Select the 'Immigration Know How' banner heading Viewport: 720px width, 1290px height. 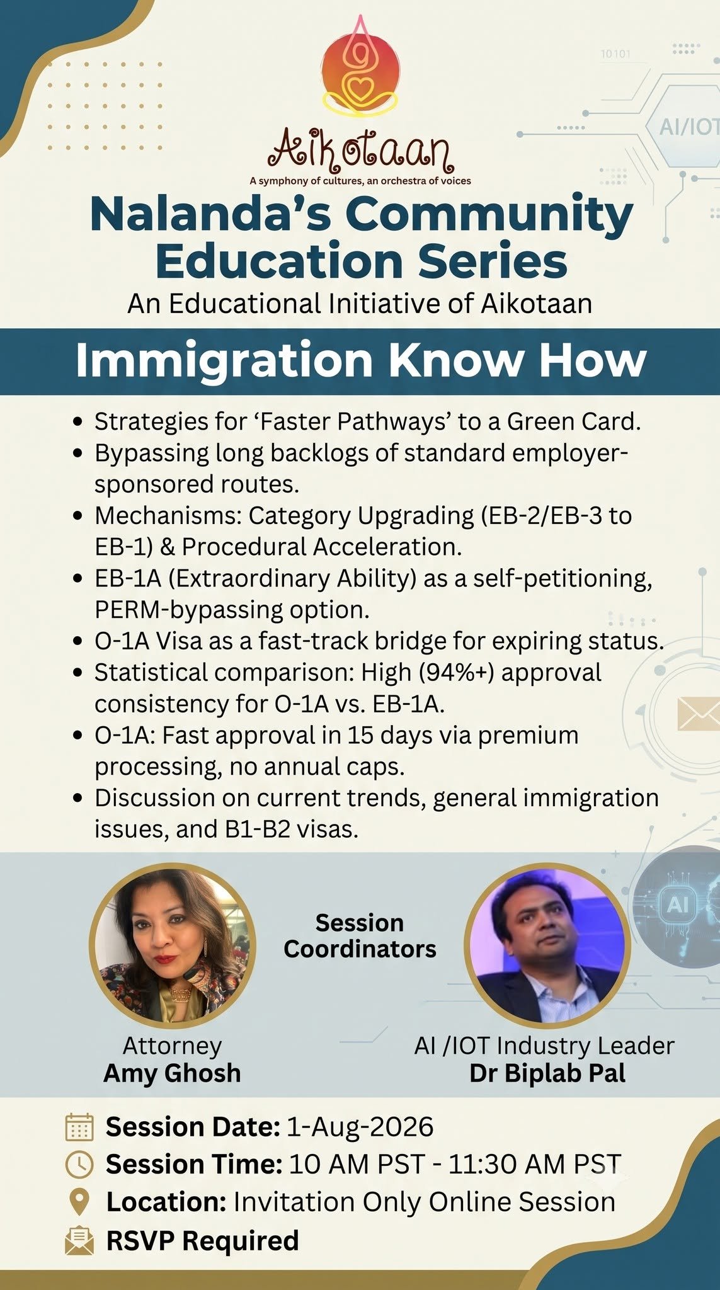[x=361, y=360]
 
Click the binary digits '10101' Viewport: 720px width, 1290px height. [x=615, y=54]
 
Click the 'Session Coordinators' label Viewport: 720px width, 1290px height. [x=360, y=936]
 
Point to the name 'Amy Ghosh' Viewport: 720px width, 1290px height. [x=172, y=1073]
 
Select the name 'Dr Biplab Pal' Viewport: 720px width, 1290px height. [x=547, y=1073]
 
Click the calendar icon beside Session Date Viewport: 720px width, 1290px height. [x=79, y=1127]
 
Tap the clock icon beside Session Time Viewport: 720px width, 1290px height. [x=79, y=1164]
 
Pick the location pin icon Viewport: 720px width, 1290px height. [x=79, y=1202]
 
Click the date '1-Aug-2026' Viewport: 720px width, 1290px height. [x=360, y=1127]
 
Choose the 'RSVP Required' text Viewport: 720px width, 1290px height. [x=202, y=1240]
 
